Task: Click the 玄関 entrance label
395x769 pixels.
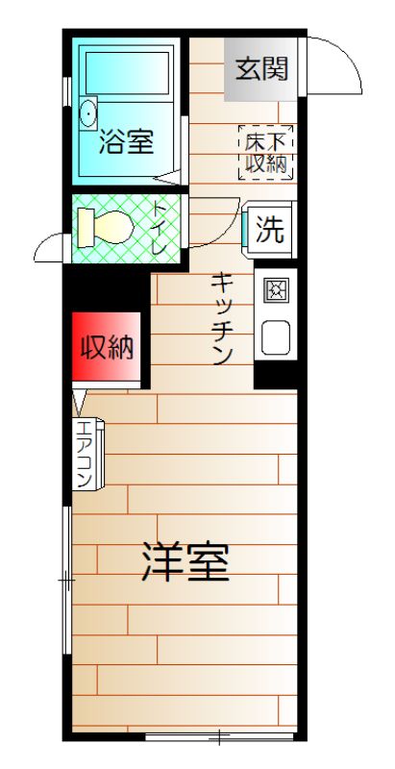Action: tap(261, 69)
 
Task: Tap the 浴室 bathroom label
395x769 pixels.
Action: tap(127, 141)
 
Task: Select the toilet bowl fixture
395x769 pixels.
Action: tap(106, 227)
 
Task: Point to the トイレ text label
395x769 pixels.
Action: tap(160, 228)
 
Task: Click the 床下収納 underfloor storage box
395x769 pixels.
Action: tap(265, 153)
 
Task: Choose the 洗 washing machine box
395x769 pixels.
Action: tap(269, 230)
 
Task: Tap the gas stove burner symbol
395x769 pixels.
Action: tap(277, 290)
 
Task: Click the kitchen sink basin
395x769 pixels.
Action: tap(276, 337)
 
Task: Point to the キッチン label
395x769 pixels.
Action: tap(221, 320)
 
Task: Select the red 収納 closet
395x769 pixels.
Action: tap(107, 346)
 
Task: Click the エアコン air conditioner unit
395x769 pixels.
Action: tap(88, 454)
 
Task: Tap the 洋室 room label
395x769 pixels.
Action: tap(185, 561)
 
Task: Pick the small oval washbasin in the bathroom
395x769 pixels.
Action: tap(88, 112)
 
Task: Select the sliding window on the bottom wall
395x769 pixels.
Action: tap(219, 735)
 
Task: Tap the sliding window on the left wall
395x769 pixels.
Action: tap(66, 581)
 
